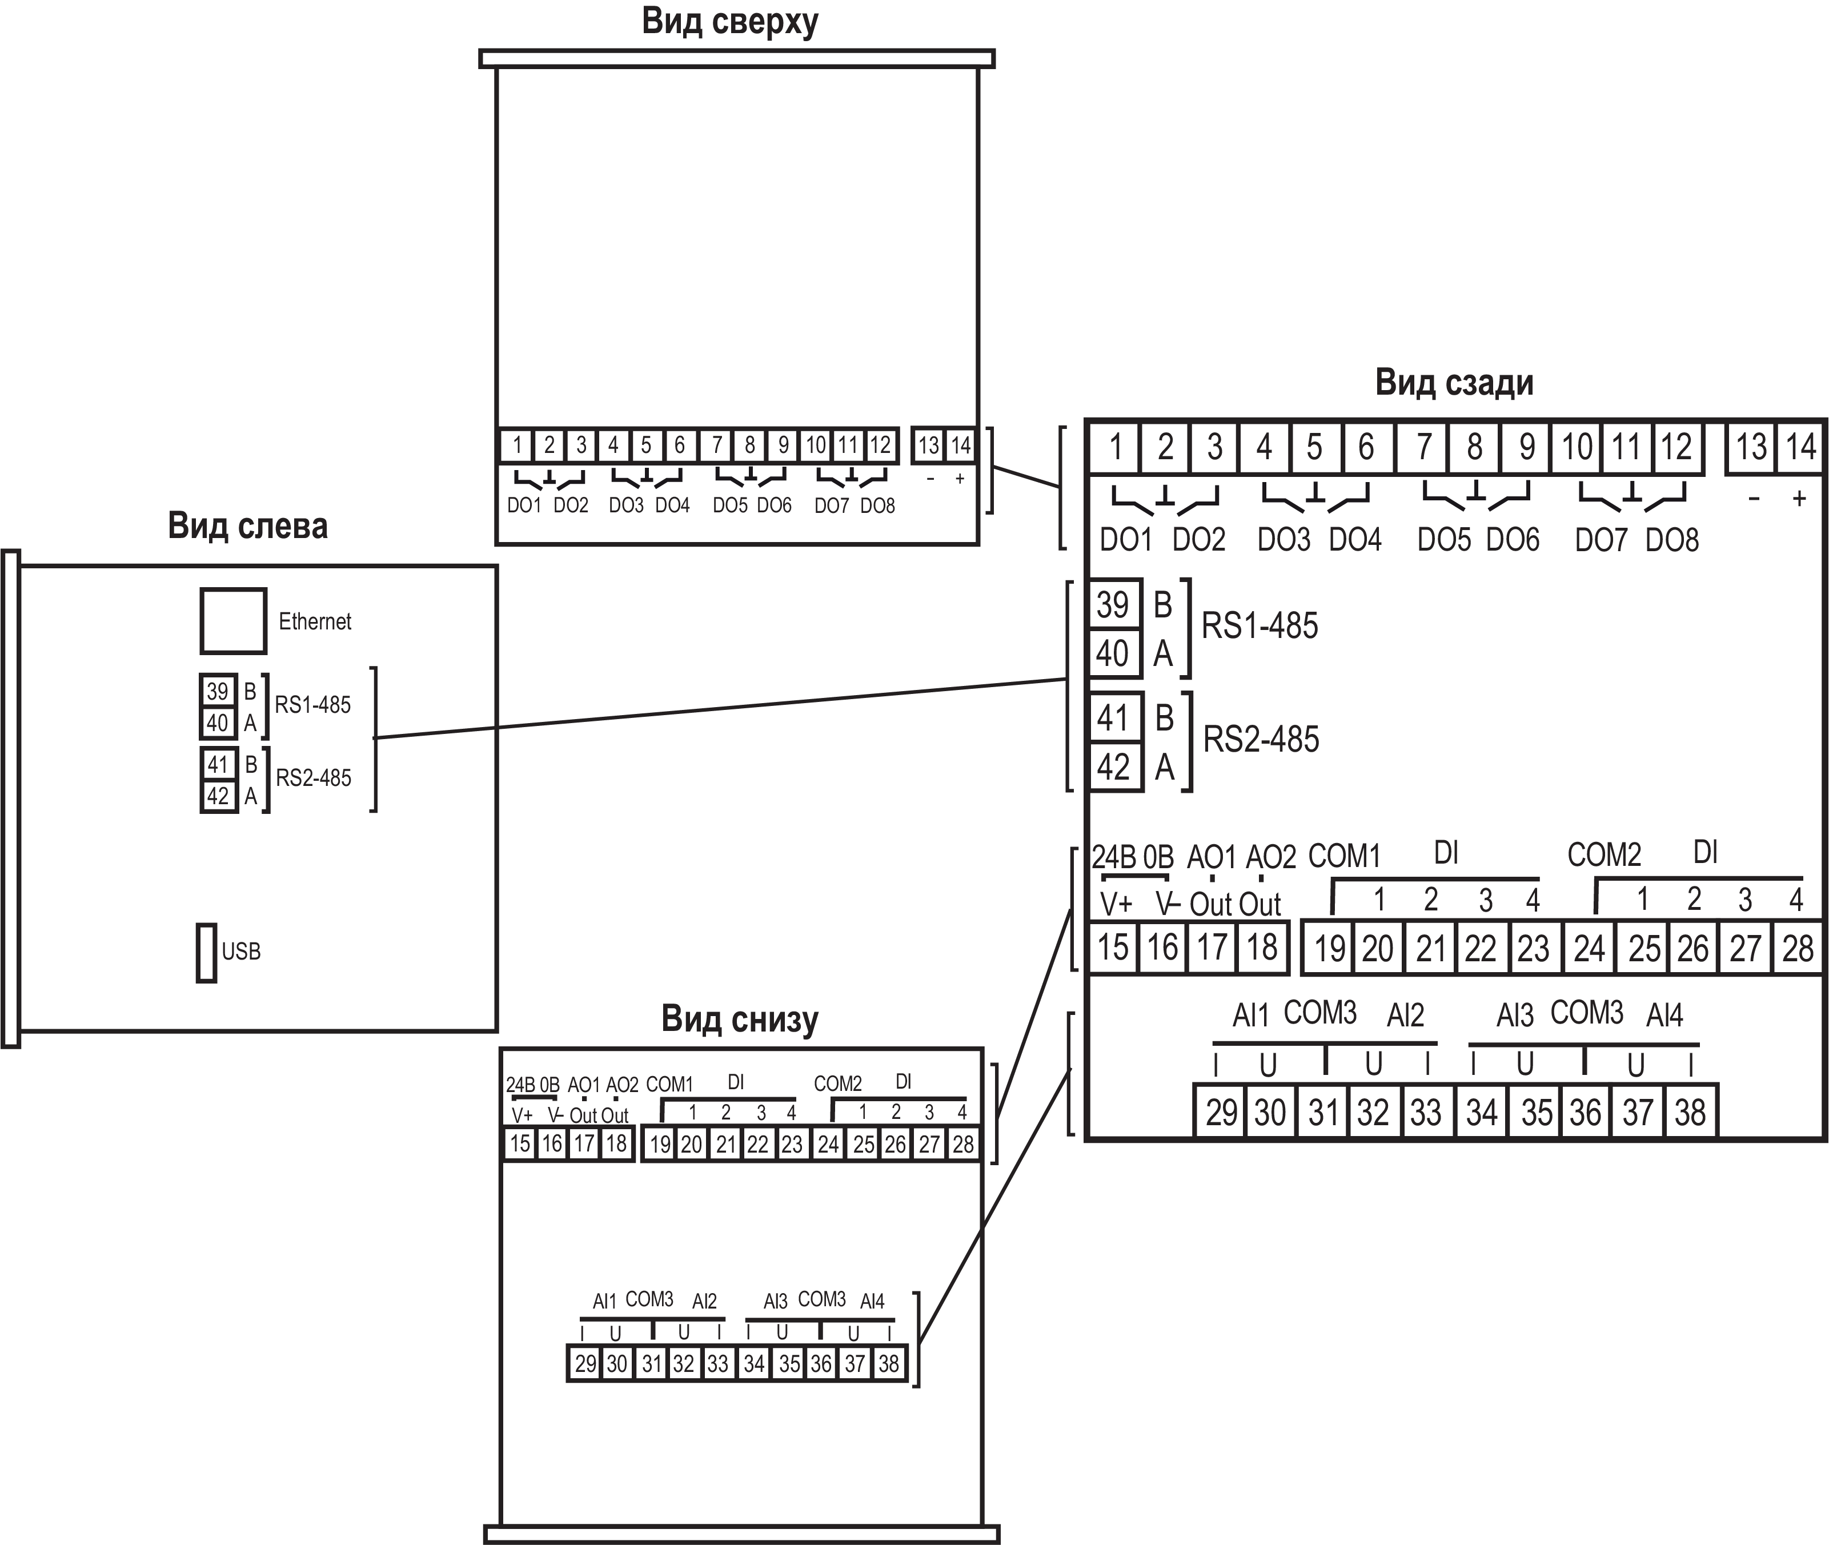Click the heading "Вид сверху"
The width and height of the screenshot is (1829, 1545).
coord(729,22)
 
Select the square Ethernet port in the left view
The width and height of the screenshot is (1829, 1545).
coord(233,621)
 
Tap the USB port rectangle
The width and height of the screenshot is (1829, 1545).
coord(206,952)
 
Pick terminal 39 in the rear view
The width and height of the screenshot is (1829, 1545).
coord(1113,604)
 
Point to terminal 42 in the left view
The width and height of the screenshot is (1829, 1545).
coord(218,796)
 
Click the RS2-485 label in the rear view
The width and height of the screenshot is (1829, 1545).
coord(1261,739)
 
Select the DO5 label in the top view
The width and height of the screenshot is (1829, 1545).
coord(729,505)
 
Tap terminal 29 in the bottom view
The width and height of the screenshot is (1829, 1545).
coord(585,1364)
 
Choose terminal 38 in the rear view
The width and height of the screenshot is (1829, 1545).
coord(1690,1112)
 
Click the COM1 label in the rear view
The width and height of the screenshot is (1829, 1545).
coord(1343,856)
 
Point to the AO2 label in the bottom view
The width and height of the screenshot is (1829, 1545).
coord(622,1084)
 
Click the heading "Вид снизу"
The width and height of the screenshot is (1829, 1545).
coord(739,1020)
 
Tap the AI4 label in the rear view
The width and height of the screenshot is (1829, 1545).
coord(1664,1015)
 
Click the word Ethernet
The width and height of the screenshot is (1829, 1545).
coord(315,622)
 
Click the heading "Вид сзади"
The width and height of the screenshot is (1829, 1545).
coord(1454,383)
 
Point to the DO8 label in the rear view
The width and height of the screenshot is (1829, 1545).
coord(1671,540)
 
